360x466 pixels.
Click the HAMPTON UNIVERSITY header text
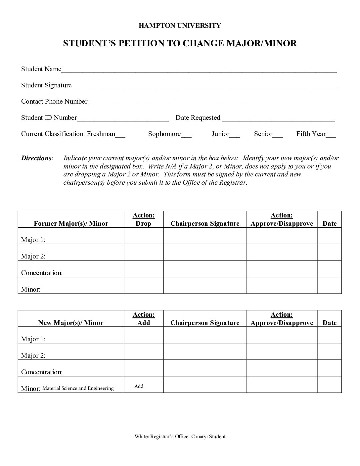[180, 25]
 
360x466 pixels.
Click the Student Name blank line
[199, 70]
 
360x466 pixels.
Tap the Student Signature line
[204, 86]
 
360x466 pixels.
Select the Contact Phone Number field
[212, 102]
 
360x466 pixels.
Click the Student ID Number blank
[122, 118]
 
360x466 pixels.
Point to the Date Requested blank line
[278, 118]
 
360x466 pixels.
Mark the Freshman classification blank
[120, 134]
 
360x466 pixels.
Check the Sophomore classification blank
[186, 134]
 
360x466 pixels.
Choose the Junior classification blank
[235, 134]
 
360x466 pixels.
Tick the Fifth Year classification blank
[331, 134]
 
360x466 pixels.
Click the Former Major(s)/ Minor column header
[71, 223]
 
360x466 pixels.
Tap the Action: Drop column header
[144, 219]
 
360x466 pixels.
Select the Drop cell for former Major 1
[144, 236]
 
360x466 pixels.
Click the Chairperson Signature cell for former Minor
[205, 285]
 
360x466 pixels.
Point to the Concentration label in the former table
[42, 273]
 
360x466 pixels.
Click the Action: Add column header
[144, 319]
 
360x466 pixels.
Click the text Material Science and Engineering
[78, 389]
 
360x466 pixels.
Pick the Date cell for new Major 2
[330, 351]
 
